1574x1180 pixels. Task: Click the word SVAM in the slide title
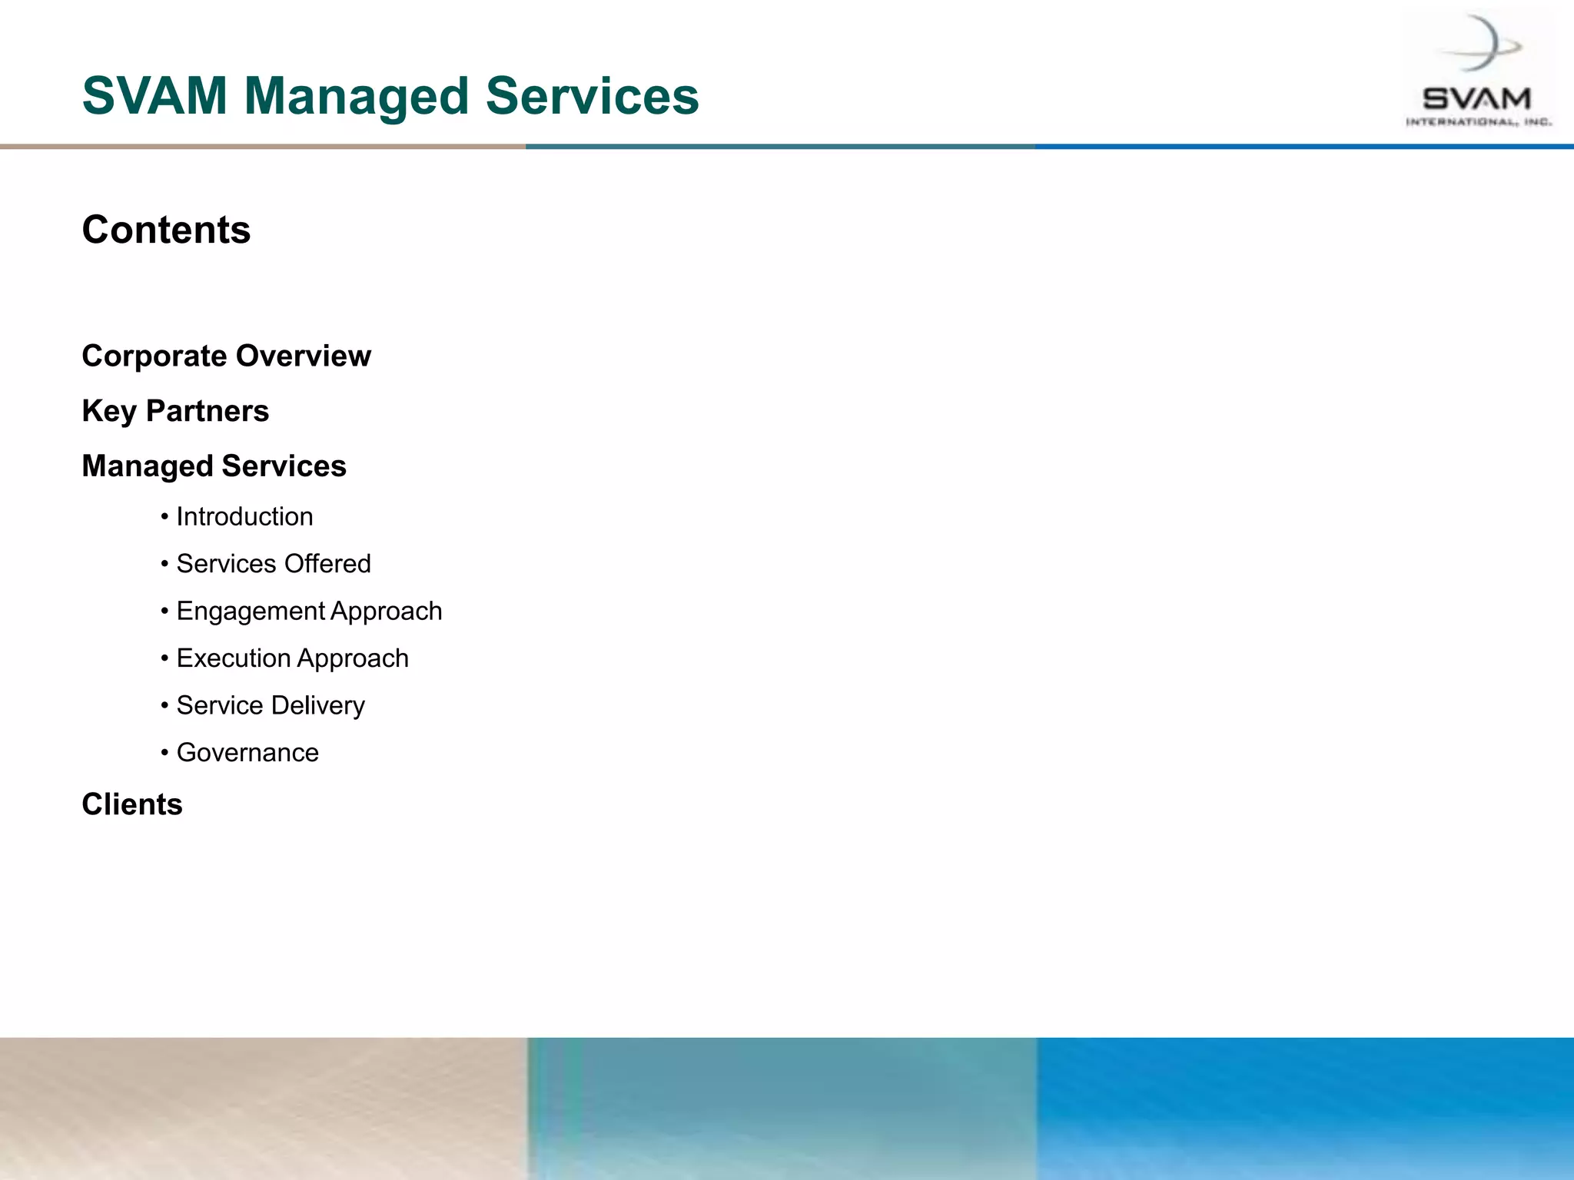[x=154, y=97]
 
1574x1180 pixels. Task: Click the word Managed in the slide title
[x=356, y=97]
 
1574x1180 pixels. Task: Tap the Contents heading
[x=166, y=230]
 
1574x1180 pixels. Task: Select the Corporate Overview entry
[x=226, y=356]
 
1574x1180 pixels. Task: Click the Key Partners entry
[x=175, y=411]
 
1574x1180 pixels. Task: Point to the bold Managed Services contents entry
[x=214, y=466]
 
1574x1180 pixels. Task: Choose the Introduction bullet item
[x=244, y=517]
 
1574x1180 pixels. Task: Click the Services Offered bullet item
[x=273, y=564]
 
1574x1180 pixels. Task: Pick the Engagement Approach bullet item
[x=309, y=612]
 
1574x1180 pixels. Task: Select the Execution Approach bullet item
[x=292, y=658]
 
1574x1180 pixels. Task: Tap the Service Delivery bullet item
[x=271, y=705]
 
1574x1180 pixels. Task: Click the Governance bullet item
[x=247, y=753]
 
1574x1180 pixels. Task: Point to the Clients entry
[x=132, y=804]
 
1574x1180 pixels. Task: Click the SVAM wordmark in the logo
[x=1476, y=99]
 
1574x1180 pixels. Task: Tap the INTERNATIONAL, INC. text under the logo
[x=1479, y=122]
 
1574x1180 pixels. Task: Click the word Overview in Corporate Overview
[x=304, y=356]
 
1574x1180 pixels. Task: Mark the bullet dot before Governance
[x=164, y=753]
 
